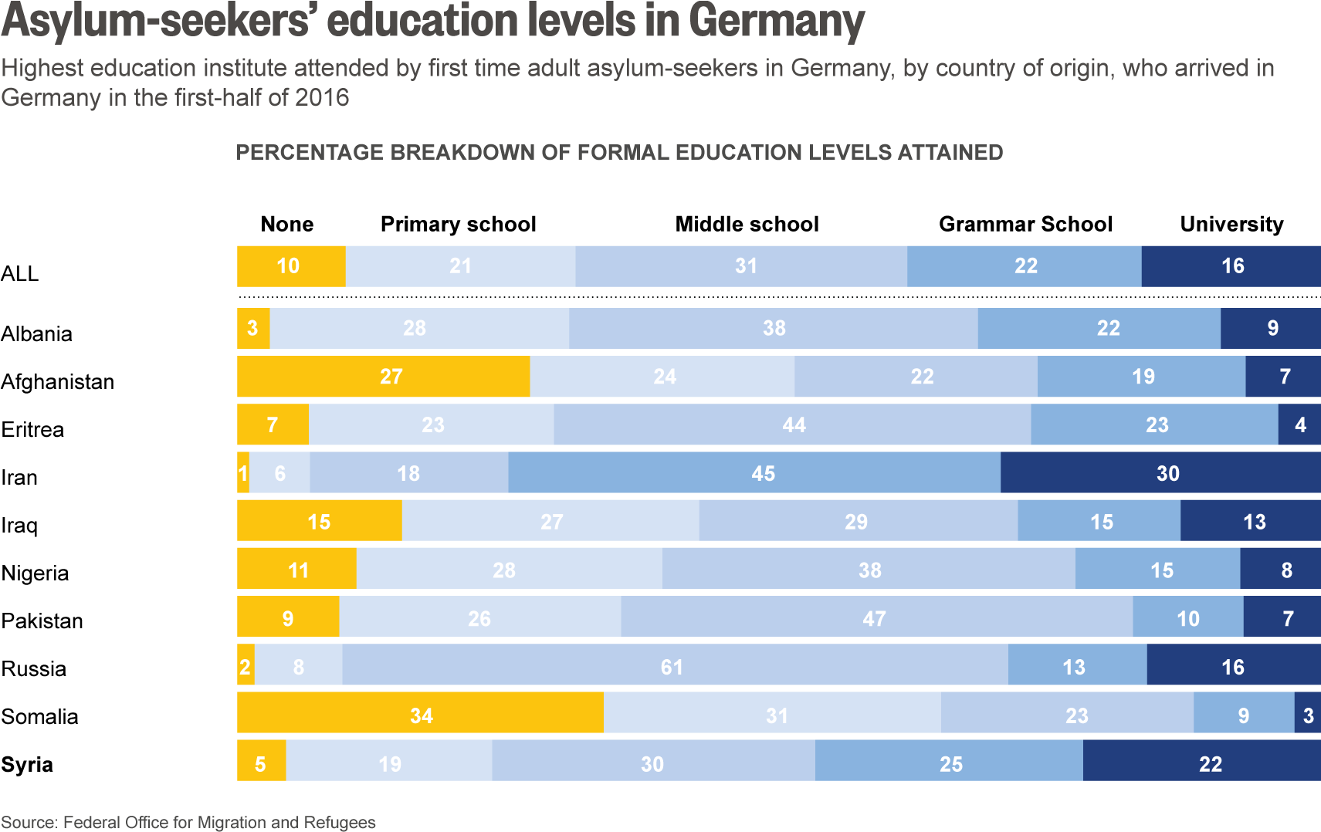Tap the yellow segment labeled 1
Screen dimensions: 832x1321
tap(243, 472)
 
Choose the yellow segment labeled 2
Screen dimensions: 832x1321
tap(246, 665)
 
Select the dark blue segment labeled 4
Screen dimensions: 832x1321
tap(1300, 424)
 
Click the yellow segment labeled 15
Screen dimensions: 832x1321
tap(319, 521)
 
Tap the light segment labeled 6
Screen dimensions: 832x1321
tap(279, 472)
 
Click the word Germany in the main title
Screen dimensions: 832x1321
tap(777, 22)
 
